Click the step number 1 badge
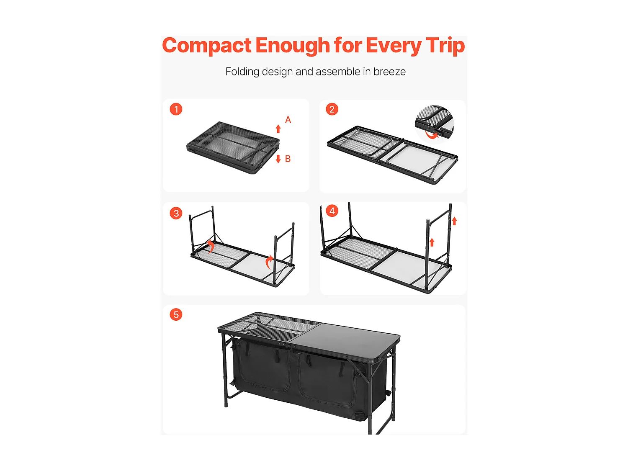pos(176,109)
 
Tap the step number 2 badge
pos(332,109)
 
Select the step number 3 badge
pos(176,213)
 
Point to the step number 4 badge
pos(332,211)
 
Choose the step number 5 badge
pos(176,314)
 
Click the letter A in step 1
pos(288,120)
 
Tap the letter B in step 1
pos(288,159)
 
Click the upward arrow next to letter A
pos(278,129)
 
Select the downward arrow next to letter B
pos(278,159)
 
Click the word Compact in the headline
pos(207,46)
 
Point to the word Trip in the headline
pos(445,46)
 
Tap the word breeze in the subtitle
pos(389,72)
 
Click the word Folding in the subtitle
pos(242,72)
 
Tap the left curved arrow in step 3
pos(211,246)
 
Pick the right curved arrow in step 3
pos(269,262)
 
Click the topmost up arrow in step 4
pos(454,221)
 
